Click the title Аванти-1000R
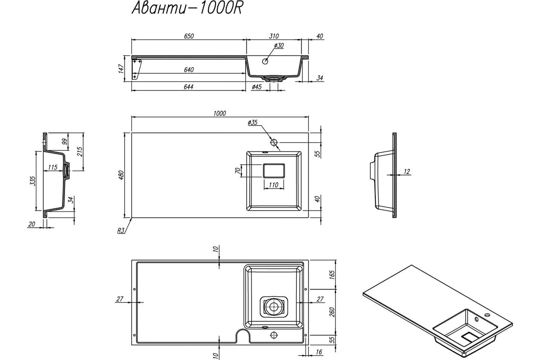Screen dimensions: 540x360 point(187,9)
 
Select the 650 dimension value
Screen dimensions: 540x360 point(189,36)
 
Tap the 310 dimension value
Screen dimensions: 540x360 point(274,36)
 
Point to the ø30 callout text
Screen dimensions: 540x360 point(279,45)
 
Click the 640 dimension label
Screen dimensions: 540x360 point(189,70)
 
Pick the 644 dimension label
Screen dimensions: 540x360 point(188,87)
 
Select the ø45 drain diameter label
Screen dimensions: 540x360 point(256,87)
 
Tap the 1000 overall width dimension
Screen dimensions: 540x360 point(220,113)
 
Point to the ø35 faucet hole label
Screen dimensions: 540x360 point(252,122)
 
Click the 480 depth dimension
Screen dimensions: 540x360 point(121,175)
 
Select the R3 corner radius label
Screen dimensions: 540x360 point(121,231)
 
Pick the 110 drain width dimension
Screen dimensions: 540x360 point(274,185)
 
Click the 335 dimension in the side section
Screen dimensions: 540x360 point(32,181)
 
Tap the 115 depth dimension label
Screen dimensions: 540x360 point(53,167)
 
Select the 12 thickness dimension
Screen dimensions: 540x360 point(407,171)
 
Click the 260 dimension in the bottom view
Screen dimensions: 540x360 point(332,312)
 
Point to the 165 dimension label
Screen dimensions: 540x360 point(332,274)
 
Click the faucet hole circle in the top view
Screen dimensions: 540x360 point(274,142)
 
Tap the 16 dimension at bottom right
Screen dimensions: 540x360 point(319,352)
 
